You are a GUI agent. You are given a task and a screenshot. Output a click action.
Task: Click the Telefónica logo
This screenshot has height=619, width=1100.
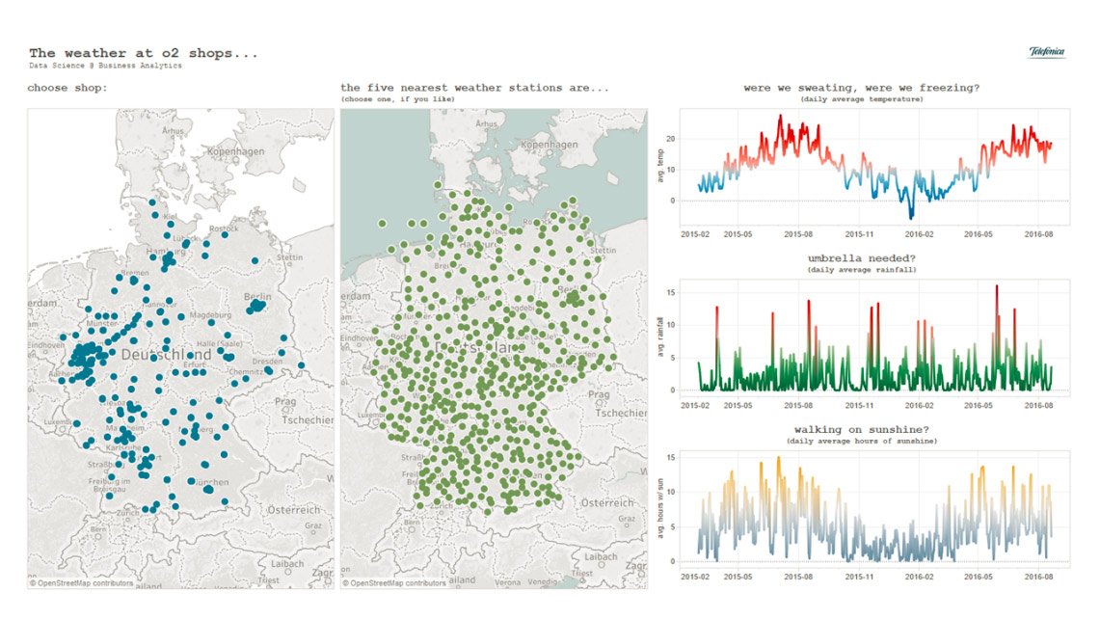(1046, 52)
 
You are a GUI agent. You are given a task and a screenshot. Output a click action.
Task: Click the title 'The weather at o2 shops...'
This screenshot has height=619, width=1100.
(143, 53)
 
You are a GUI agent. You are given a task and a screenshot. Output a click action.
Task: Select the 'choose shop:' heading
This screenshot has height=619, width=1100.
(67, 88)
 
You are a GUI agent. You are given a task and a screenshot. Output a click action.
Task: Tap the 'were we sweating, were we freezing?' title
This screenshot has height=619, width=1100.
(861, 88)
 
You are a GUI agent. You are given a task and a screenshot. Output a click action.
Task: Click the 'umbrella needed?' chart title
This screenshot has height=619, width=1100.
(861, 258)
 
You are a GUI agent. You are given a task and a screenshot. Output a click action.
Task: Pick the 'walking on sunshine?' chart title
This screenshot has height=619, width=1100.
(861, 429)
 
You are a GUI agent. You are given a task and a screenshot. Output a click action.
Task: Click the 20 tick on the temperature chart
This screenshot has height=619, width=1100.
(670, 139)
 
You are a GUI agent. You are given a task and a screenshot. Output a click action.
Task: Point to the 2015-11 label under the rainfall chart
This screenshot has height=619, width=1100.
(861, 405)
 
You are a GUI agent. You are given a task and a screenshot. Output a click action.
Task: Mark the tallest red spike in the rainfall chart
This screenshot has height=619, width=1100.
(997, 286)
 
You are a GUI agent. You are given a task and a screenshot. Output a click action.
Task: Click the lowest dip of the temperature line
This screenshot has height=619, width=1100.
(911, 217)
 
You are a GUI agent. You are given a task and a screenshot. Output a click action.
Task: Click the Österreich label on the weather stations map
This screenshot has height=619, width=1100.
(607, 503)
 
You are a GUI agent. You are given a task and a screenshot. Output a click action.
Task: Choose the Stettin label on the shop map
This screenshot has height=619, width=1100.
(289, 257)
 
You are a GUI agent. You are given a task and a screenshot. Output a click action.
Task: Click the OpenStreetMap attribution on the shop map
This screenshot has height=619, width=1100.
(81, 582)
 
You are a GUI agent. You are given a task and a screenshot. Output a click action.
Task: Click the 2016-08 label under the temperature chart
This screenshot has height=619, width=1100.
(1037, 234)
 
